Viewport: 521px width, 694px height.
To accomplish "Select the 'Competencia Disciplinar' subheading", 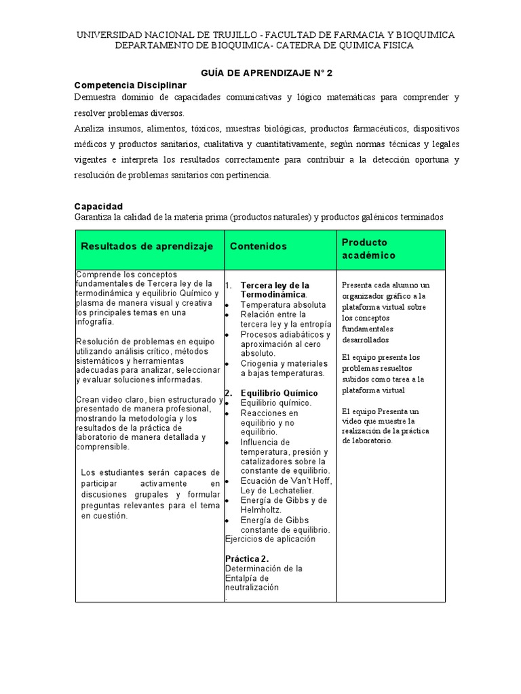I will [x=130, y=85].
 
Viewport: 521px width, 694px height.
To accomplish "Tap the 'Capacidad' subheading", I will [x=98, y=206].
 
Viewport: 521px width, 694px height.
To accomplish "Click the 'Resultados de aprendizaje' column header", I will [x=147, y=246].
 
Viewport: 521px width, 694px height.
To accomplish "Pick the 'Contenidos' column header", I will [x=258, y=247].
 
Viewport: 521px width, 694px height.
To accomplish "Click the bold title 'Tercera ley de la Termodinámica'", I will [x=275, y=290].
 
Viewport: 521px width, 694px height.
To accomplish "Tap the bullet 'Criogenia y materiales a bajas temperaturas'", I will [x=284, y=368].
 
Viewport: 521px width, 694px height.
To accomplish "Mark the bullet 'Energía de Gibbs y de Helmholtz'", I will [x=284, y=505].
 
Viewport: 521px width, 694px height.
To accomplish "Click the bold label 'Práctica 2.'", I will [x=247, y=559].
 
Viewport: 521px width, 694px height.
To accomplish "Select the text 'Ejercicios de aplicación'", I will [x=270, y=539].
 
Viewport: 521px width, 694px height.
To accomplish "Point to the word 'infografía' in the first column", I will [x=96, y=323].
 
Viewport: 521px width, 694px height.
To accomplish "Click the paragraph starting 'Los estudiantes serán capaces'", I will [x=150, y=493].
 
